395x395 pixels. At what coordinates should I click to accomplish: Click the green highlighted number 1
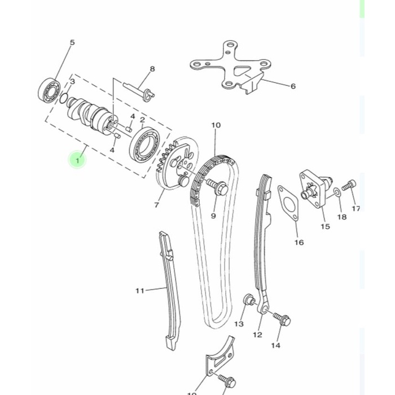[77, 160]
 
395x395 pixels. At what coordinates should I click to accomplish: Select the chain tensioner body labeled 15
[315, 187]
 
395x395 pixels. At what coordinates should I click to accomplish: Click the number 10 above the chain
[216, 125]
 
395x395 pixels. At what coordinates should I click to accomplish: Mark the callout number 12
[257, 335]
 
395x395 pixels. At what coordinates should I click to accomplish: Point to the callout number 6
[293, 86]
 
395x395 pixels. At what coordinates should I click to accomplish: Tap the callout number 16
[299, 243]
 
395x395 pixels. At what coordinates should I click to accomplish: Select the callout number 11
[140, 291]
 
